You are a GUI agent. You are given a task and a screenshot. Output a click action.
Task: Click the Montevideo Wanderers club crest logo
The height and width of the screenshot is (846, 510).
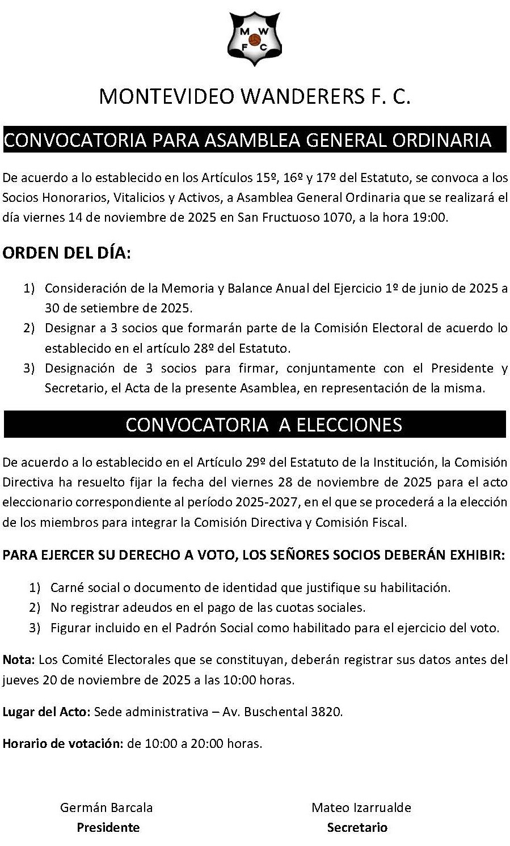click(x=255, y=38)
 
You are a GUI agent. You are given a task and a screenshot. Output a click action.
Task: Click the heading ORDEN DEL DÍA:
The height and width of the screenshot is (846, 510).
click(x=66, y=252)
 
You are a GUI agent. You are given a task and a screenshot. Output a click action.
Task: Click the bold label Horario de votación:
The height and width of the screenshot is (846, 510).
click(x=62, y=743)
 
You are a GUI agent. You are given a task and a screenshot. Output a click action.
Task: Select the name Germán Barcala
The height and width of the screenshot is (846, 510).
click(x=107, y=807)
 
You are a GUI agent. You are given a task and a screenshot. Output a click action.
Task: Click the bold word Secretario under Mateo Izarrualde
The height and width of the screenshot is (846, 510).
click(x=357, y=827)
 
